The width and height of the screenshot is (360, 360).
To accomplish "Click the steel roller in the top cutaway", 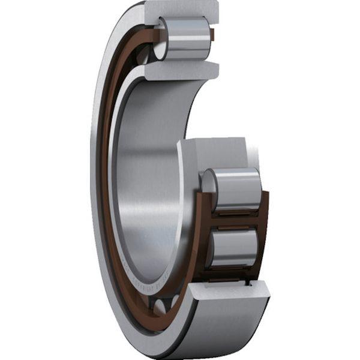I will click(x=186, y=39).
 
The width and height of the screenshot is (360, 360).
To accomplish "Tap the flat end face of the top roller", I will click(x=161, y=39).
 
